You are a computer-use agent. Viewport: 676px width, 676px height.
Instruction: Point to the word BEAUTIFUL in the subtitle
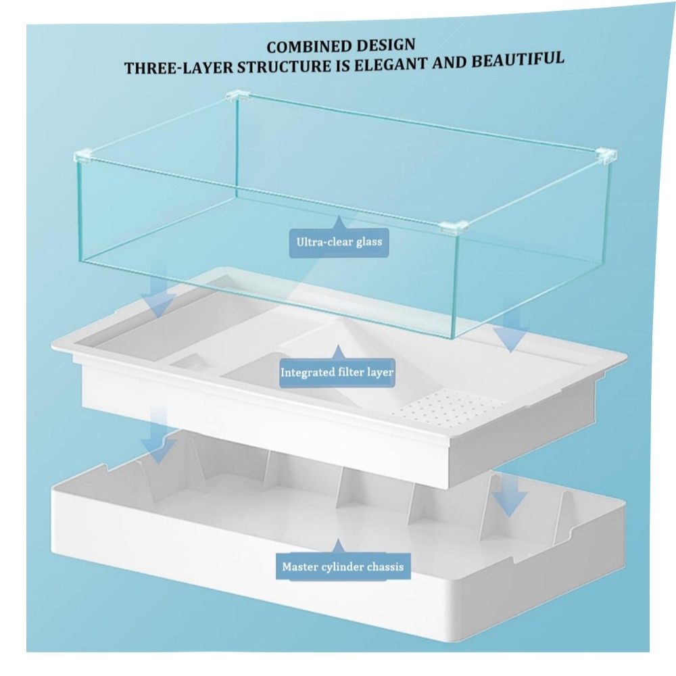click(517, 59)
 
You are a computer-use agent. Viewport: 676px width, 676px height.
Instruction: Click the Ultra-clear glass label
click(339, 242)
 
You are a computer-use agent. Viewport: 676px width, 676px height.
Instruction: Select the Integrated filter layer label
click(337, 372)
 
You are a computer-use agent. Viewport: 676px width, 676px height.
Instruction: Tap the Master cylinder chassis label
click(343, 566)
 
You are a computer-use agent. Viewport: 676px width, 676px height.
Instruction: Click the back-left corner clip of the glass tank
click(237, 96)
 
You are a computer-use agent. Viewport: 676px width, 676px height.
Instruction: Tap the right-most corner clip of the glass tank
click(606, 156)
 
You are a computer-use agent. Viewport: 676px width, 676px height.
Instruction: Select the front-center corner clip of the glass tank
click(454, 226)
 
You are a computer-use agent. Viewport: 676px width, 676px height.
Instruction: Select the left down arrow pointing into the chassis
click(159, 435)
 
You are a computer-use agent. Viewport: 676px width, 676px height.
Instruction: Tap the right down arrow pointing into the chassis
click(509, 491)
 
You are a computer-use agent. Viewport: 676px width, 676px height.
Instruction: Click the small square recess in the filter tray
click(192, 363)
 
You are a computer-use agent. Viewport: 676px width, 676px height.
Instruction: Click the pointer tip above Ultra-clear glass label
click(339, 216)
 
